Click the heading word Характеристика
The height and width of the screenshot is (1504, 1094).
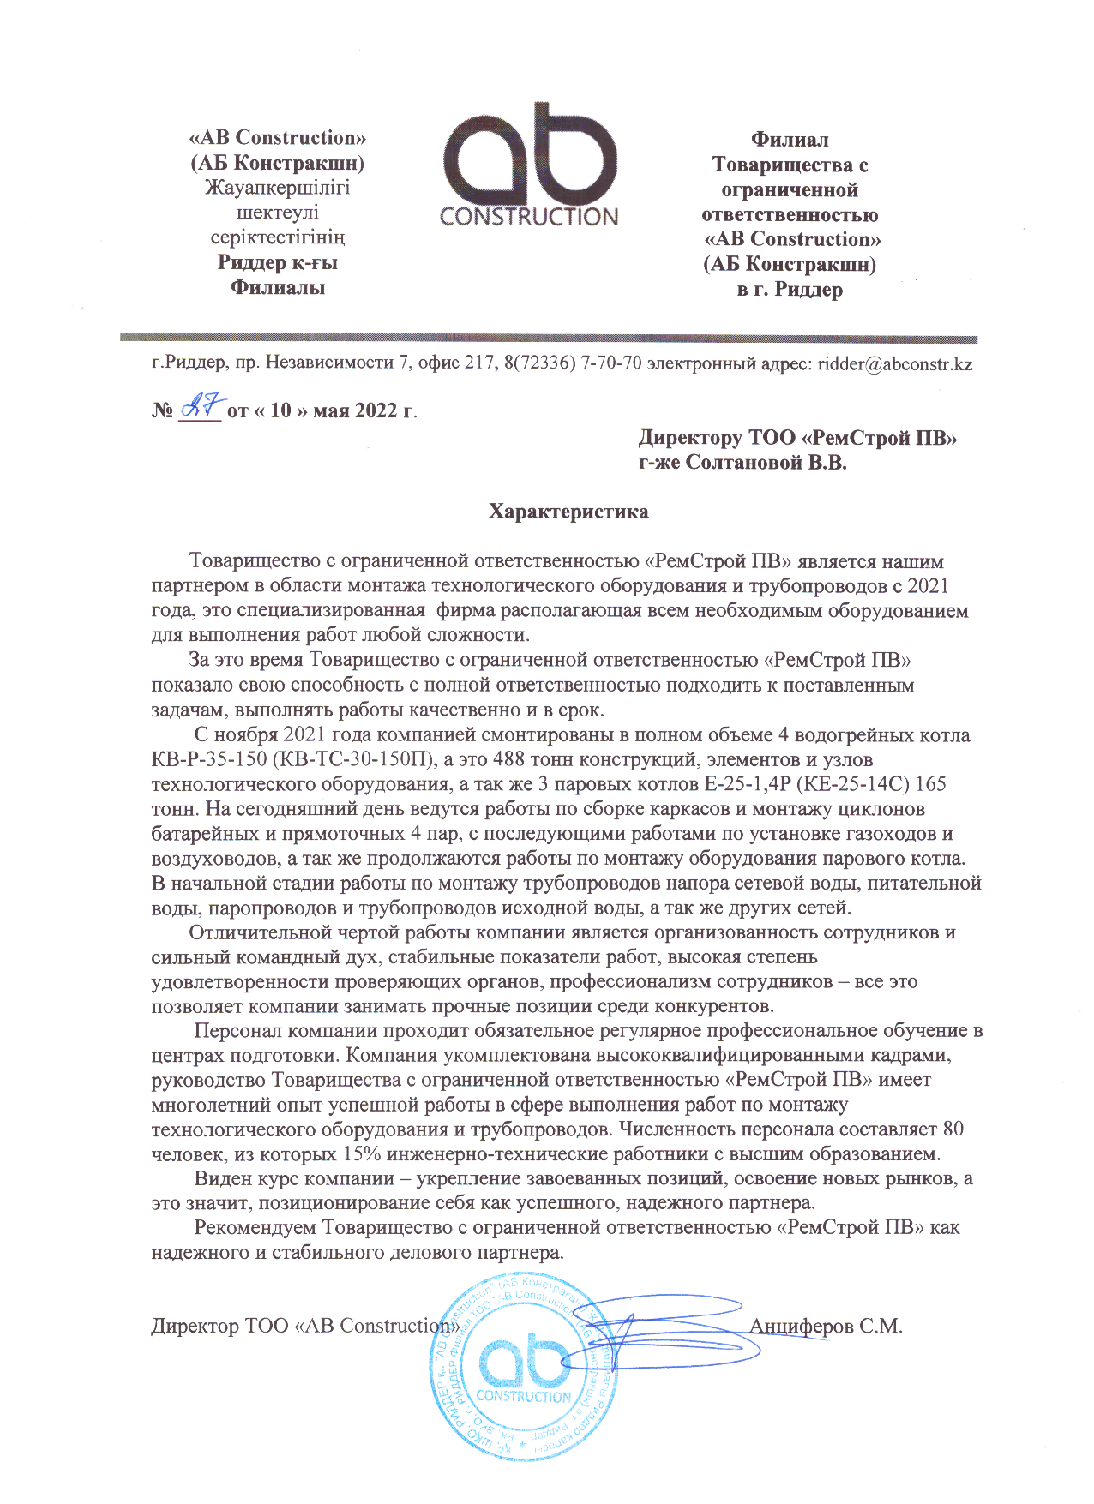click(x=568, y=512)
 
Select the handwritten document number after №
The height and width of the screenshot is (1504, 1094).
click(x=203, y=405)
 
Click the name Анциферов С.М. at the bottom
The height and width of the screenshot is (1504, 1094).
click(x=826, y=1327)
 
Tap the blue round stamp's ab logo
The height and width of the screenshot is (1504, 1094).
click(x=523, y=1363)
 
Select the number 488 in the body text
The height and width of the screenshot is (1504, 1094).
click(x=510, y=760)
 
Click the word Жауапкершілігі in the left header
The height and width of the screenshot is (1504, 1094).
click(x=277, y=188)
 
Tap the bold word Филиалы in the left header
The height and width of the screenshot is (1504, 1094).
click(x=277, y=288)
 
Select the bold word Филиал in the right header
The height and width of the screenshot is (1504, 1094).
click(x=790, y=140)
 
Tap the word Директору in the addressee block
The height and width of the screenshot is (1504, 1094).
click(x=690, y=439)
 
